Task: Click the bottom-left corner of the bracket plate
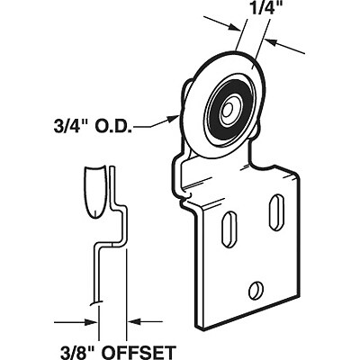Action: tap(200, 326)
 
